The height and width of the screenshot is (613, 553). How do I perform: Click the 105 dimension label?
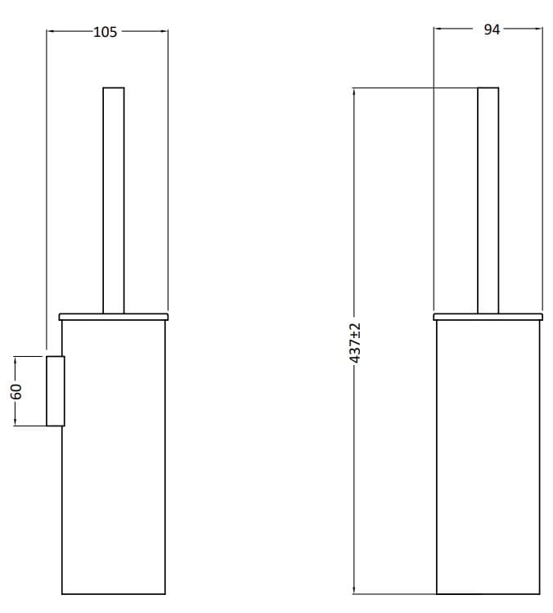click(106, 32)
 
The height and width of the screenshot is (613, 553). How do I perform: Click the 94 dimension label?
click(492, 30)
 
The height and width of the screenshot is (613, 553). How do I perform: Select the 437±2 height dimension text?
click(355, 342)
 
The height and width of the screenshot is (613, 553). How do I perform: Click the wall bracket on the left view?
click(55, 391)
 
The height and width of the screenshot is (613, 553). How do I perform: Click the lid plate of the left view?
click(114, 315)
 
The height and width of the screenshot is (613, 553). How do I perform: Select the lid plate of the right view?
click(488, 315)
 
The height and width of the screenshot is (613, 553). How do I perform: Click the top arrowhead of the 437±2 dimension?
click(354, 91)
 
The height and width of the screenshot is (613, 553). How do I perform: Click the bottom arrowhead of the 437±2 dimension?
click(354, 589)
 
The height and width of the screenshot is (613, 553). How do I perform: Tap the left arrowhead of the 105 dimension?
click(50, 32)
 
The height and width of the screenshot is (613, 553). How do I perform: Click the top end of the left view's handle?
click(113, 88)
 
